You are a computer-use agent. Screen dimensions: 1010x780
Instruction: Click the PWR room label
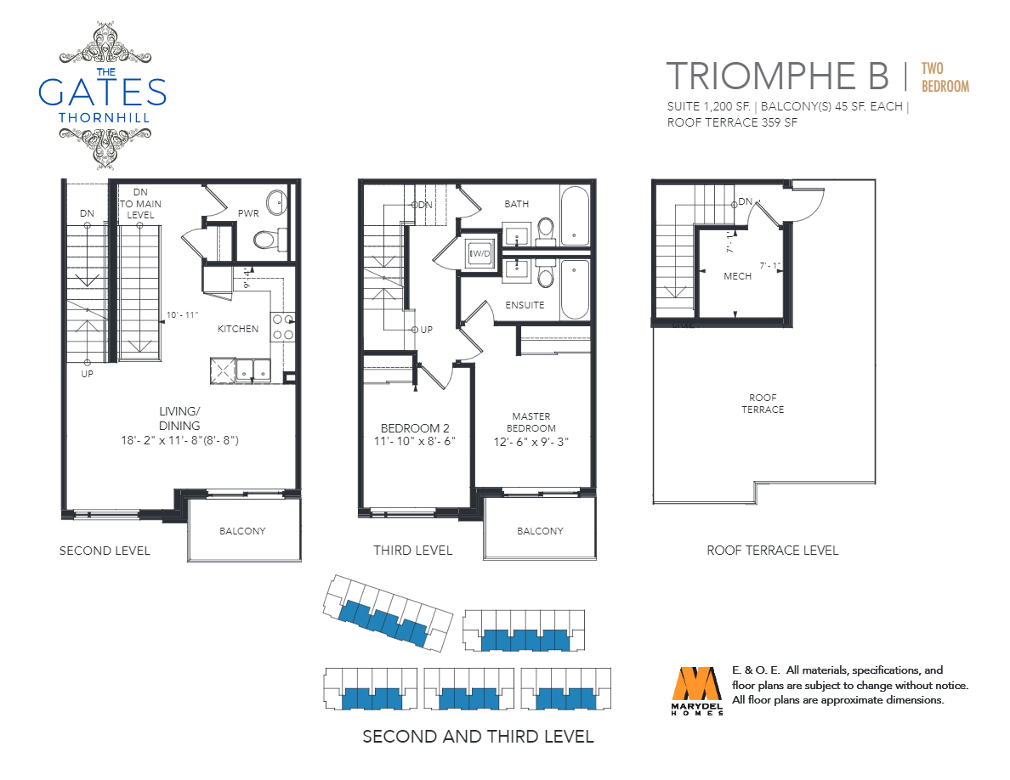click(x=248, y=213)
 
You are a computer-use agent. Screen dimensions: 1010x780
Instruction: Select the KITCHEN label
click(x=238, y=329)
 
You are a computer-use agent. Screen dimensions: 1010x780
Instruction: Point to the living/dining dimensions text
click(x=179, y=441)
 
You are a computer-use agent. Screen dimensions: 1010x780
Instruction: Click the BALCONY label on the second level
click(x=242, y=531)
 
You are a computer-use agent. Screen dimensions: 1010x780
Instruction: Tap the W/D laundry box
click(x=479, y=253)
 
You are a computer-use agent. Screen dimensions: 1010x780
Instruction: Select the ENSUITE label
click(x=525, y=305)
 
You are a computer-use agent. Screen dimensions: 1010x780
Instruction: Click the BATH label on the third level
click(x=517, y=204)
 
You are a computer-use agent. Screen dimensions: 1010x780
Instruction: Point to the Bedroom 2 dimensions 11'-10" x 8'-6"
click(x=415, y=442)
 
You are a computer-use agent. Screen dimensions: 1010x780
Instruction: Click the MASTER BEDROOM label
click(x=531, y=422)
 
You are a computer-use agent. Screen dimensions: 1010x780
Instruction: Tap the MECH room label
click(x=738, y=276)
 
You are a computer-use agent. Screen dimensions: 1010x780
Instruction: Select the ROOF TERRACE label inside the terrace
click(x=763, y=404)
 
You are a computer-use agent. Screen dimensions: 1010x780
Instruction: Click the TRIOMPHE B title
click(x=777, y=76)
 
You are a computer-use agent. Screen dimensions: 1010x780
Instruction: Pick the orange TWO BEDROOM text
click(x=945, y=78)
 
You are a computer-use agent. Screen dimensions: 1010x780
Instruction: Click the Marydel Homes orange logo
click(x=697, y=683)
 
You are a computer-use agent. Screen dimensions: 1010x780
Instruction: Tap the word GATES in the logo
click(x=102, y=92)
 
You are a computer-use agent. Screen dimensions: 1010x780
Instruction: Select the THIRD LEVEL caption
click(x=413, y=551)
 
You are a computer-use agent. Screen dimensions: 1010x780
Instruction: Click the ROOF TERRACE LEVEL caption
click(x=772, y=551)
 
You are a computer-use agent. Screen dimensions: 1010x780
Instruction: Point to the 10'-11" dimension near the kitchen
click(x=182, y=314)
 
